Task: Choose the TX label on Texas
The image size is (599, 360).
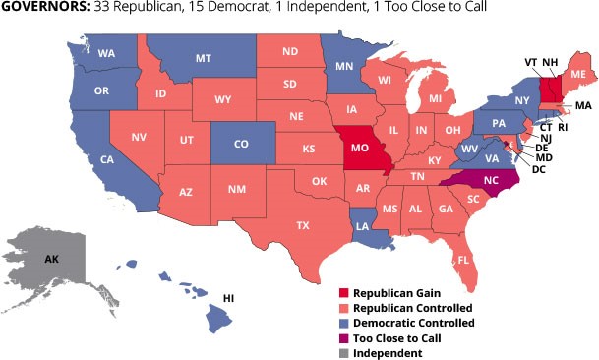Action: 303,225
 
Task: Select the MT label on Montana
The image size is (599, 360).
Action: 204,59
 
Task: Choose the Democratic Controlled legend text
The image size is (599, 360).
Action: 413,323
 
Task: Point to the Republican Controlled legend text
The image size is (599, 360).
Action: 414,308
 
